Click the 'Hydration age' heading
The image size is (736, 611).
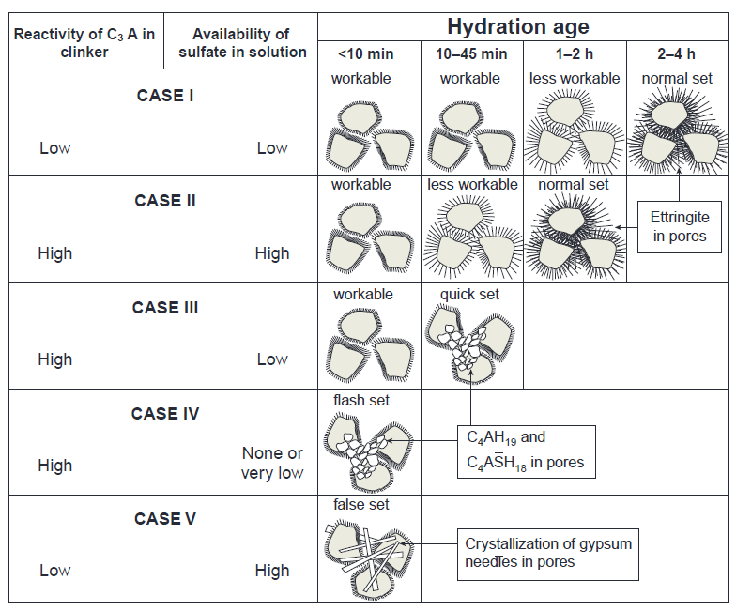tap(518, 26)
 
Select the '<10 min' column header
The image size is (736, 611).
tap(366, 54)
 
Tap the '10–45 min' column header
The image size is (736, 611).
tap(471, 54)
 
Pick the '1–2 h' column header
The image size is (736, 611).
tap(575, 54)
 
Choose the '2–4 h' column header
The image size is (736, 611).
tap(676, 54)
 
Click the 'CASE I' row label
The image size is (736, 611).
tap(165, 96)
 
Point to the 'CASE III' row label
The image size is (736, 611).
tap(165, 308)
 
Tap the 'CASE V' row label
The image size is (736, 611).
tap(165, 519)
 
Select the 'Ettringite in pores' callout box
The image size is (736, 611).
tap(680, 227)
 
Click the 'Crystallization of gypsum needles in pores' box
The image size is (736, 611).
tap(548, 554)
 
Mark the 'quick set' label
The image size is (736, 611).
tap(469, 295)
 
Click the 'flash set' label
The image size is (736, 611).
tap(360, 400)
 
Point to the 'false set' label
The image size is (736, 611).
tap(360, 505)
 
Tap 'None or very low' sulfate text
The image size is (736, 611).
tap(272, 463)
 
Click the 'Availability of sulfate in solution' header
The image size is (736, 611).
tap(242, 43)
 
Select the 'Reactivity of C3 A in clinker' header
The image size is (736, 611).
tap(84, 43)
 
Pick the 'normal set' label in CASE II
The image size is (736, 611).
tap(573, 184)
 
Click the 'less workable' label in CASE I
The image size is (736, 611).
tap(575, 79)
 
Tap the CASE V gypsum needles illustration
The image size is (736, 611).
tap(369, 556)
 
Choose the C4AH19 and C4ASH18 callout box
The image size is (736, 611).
tap(526, 452)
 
